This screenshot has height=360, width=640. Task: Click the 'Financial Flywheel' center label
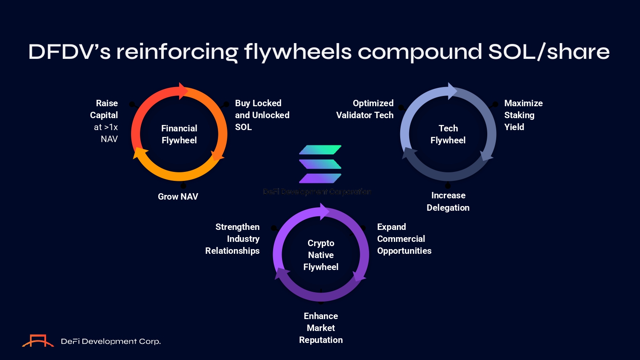tap(179, 134)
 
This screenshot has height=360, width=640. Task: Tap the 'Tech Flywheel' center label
tap(448, 134)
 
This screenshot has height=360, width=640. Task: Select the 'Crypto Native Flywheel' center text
tap(321, 255)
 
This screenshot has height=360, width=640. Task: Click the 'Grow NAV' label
tap(178, 197)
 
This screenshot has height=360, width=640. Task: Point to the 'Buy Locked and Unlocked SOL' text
tap(262, 115)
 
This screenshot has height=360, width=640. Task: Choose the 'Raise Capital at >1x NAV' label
tap(105, 121)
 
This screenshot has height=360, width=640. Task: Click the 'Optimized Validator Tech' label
tap(365, 109)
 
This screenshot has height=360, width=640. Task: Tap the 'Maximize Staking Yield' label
tap(523, 115)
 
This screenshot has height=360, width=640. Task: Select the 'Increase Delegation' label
tap(448, 201)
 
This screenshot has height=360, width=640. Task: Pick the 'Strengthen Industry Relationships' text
tap(233, 239)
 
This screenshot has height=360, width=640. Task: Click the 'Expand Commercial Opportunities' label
tap(404, 239)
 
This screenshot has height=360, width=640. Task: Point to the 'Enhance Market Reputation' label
tap(321, 328)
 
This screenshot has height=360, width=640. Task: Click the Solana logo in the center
tap(320, 164)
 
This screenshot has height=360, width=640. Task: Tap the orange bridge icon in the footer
tap(38, 341)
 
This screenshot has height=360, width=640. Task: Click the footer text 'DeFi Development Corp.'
tap(111, 341)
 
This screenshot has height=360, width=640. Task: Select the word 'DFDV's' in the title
tap(70, 52)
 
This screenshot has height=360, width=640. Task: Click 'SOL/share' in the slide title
tap(549, 52)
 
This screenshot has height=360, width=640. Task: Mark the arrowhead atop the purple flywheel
tap(324, 211)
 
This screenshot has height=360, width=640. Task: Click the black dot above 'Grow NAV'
tap(183, 186)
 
